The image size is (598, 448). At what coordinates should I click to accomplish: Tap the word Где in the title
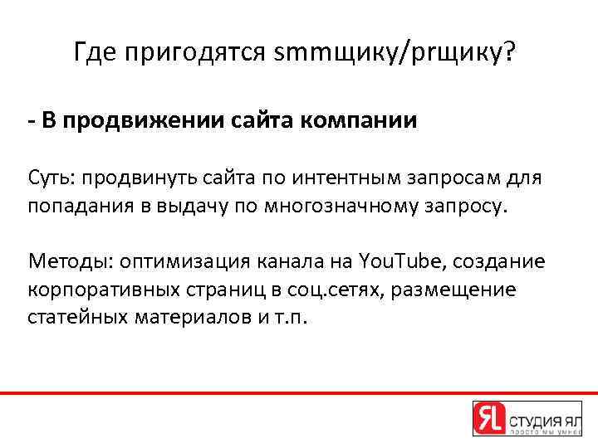(x=95, y=54)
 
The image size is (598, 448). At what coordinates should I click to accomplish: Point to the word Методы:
(x=70, y=261)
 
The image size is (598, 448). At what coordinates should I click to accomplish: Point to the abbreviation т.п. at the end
(x=292, y=317)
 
